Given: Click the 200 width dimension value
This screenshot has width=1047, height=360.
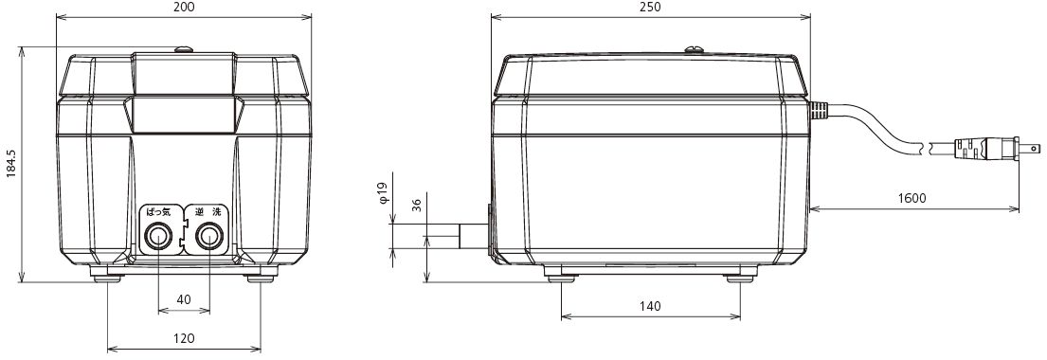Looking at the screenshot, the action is [x=183, y=7].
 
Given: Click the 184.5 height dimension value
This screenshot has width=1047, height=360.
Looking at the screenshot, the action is [x=10, y=164].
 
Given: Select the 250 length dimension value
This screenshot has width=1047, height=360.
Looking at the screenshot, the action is [x=650, y=7].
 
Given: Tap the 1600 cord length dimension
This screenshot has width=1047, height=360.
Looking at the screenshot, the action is [x=912, y=198].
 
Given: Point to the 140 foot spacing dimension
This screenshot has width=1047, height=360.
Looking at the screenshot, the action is [x=650, y=306].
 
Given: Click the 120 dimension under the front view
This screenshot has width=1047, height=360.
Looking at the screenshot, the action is [x=184, y=338].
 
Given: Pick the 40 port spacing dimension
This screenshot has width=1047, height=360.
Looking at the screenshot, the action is [x=184, y=299].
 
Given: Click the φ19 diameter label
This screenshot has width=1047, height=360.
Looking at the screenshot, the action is [x=383, y=193].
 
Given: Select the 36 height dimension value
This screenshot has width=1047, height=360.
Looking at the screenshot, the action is [x=417, y=205].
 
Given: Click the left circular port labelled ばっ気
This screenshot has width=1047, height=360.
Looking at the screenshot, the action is [x=158, y=237].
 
